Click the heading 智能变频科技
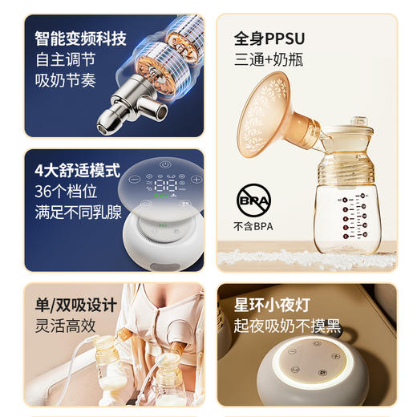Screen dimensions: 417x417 point(80,38)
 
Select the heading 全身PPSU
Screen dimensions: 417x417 point(269,38)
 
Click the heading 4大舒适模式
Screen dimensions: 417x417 point(77,171)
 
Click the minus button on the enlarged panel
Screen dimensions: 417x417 point(134,179)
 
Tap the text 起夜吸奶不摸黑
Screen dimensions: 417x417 point(287,326)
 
